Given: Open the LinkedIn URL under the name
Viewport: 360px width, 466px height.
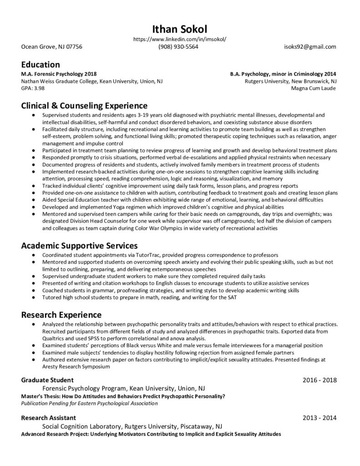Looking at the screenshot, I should [x=180, y=40].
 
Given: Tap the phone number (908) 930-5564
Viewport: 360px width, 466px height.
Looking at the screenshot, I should [x=178, y=47].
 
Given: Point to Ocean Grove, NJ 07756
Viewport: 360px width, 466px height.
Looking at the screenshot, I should [x=52, y=47].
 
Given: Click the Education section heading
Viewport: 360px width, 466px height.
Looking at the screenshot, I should [x=41, y=65].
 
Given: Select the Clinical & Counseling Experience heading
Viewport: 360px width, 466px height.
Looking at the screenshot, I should [x=84, y=106].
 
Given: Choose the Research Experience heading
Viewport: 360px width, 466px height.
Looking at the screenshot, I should [x=61, y=314].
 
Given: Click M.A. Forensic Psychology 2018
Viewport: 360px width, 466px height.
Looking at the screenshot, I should [x=59, y=74].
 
